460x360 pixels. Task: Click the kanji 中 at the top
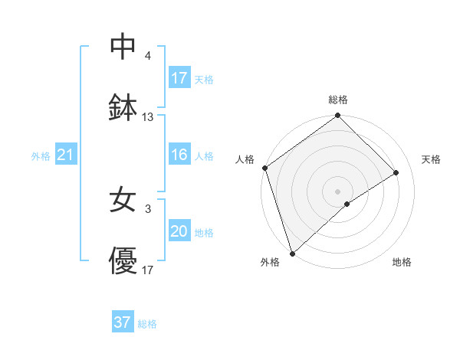click(123, 47)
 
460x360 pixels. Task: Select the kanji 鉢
click(123, 108)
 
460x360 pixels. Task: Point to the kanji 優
click(123, 261)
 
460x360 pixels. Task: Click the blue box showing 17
click(179, 78)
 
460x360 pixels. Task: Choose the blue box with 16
click(179, 155)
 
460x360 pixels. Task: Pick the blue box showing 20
click(179, 231)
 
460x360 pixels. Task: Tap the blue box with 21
click(66, 155)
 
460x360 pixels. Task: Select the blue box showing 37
click(123, 322)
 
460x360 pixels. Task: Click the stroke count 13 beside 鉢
click(148, 117)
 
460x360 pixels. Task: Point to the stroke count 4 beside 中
click(148, 56)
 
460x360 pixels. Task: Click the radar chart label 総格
click(338, 100)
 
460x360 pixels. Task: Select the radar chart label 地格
click(402, 262)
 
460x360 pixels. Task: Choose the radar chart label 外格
click(270, 262)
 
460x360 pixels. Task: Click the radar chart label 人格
click(245, 159)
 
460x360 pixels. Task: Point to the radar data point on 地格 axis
click(347, 204)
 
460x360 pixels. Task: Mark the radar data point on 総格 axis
click(338, 116)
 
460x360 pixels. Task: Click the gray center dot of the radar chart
click(338, 191)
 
